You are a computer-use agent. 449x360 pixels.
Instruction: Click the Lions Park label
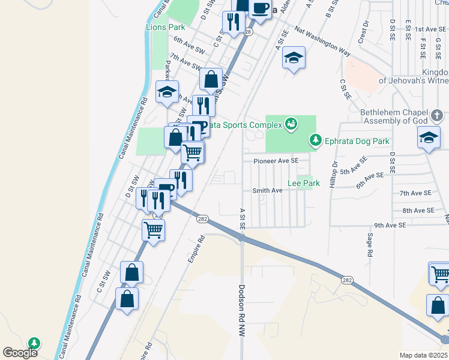(165, 28)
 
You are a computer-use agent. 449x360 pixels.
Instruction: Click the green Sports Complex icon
(291, 124)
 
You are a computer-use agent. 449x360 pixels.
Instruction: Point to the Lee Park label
(303, 182)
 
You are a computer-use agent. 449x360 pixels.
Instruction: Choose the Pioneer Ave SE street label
(276, 161)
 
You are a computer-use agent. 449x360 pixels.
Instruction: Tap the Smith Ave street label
(267, 190)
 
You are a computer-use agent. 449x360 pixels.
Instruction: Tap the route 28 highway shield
(248, 32)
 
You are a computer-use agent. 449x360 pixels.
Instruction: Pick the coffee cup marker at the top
(260, 8)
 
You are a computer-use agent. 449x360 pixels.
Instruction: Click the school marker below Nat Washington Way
(294, 58)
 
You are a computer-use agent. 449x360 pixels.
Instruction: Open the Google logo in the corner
(20, 353)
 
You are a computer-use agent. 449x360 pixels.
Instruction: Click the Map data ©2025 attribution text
(423, 355)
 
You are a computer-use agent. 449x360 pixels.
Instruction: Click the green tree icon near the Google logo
(35, 343)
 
